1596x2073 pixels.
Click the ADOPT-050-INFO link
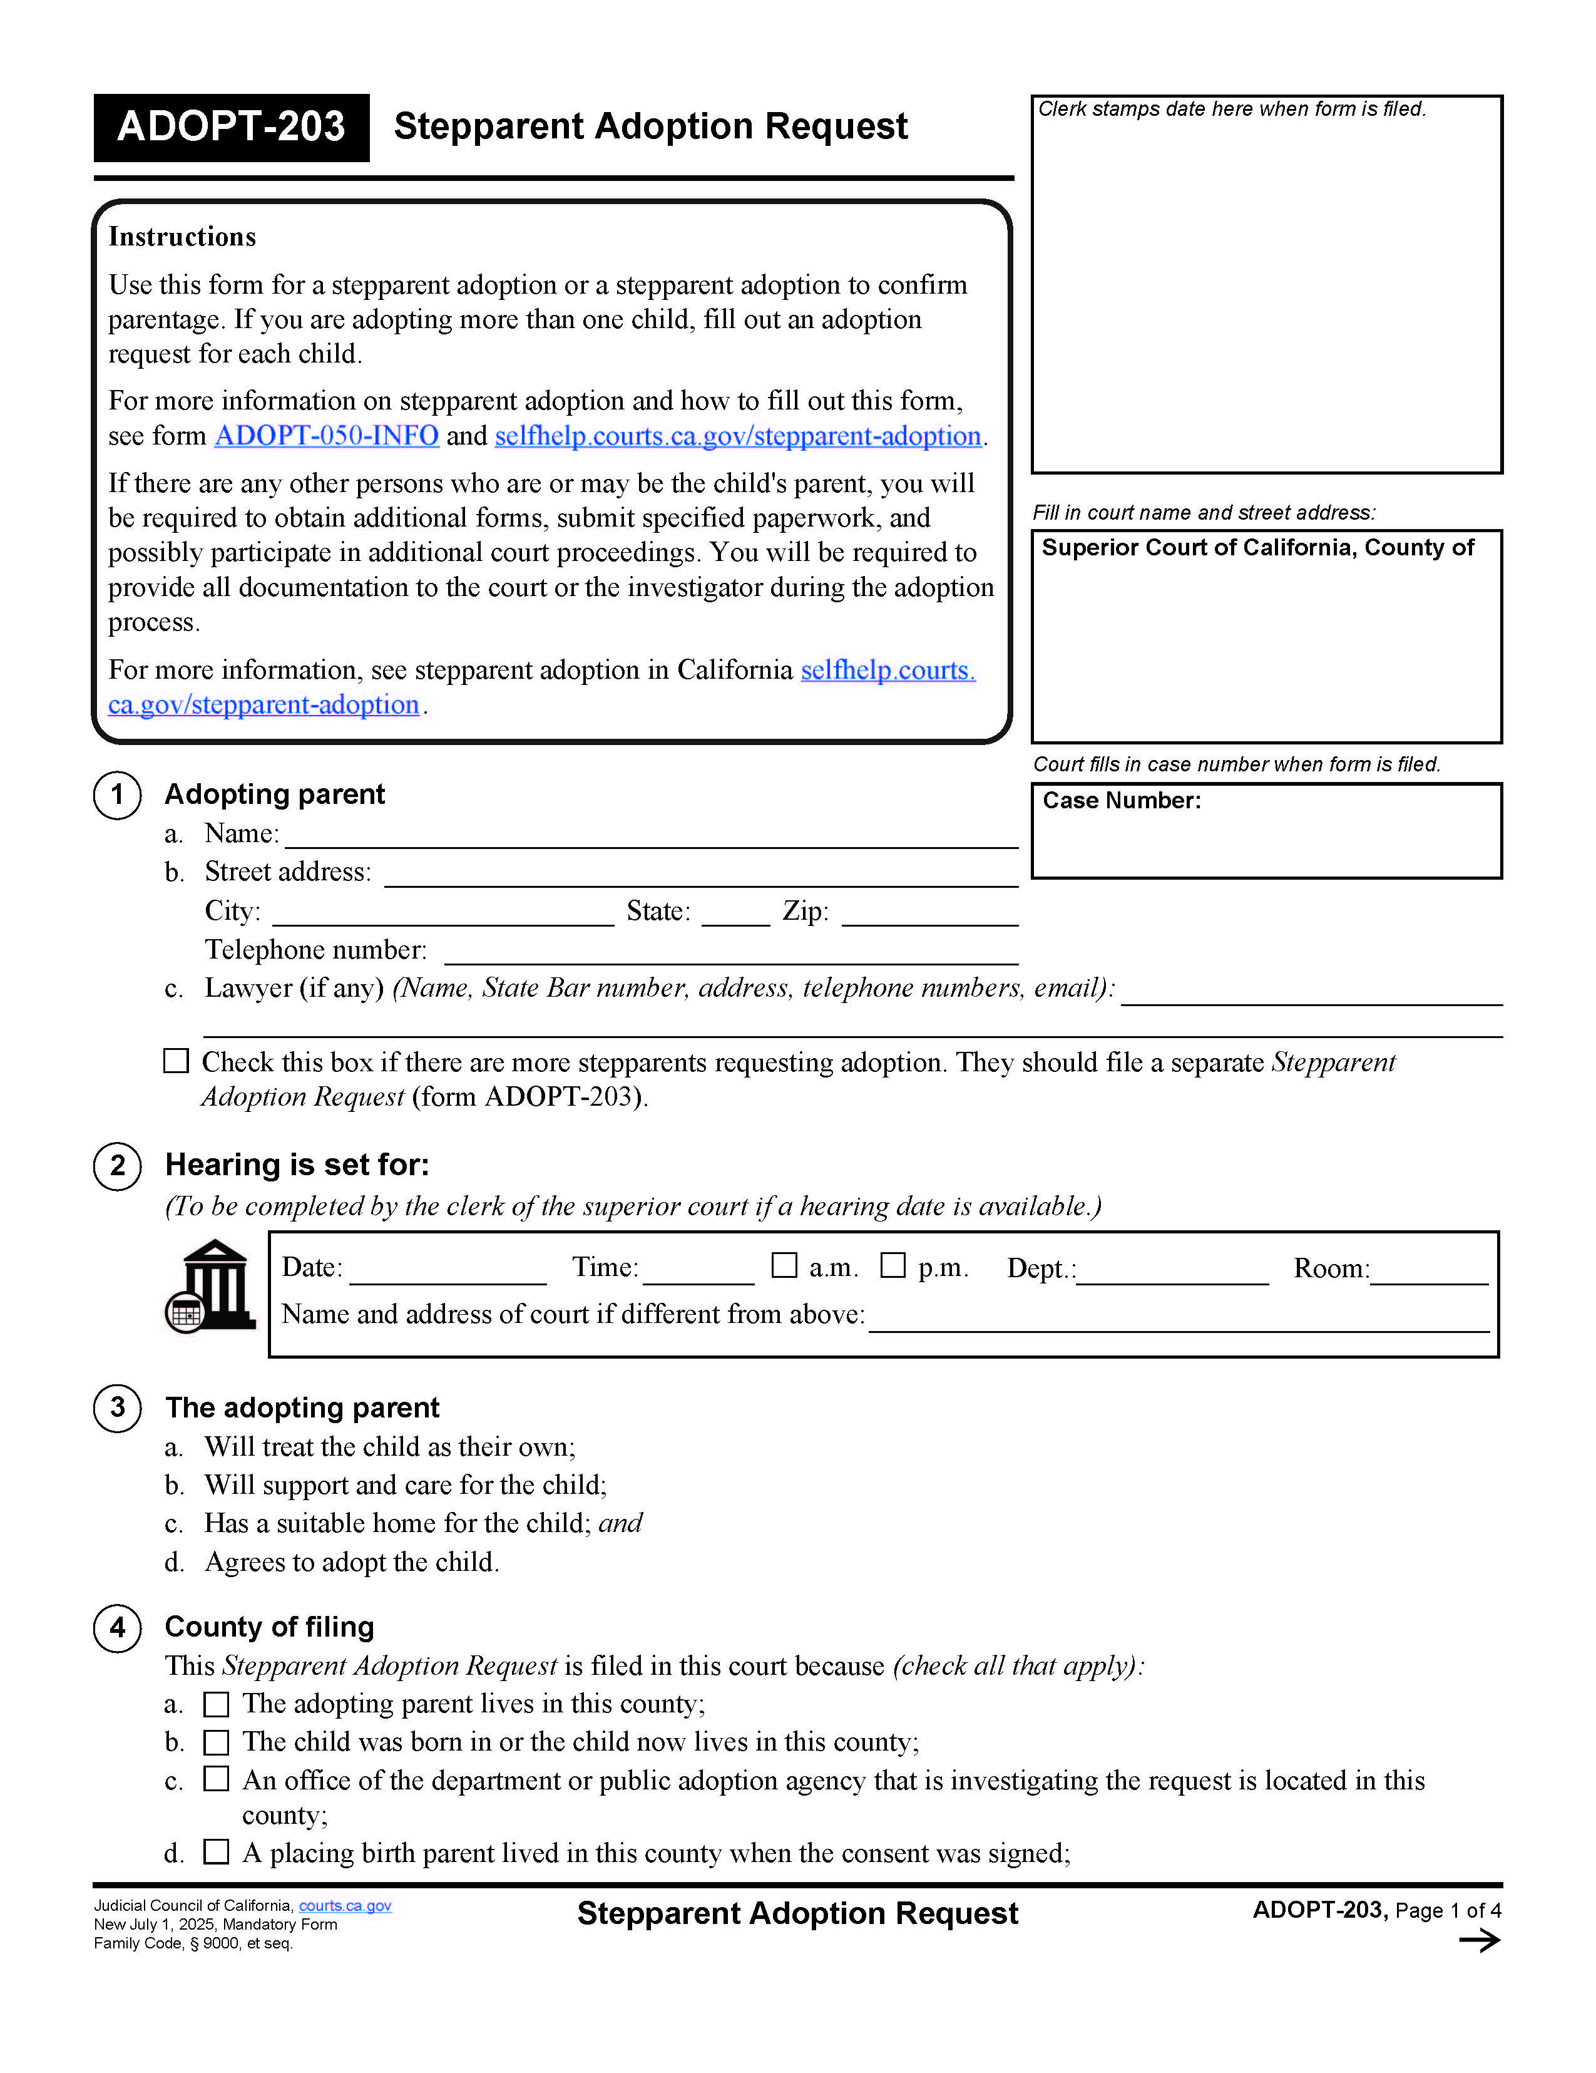pyautogui.click(x=327, y=436)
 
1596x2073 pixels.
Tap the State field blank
pyautogui.click(x=735, y=914)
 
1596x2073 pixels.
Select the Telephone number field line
pyautogui.click(x=730, y=953)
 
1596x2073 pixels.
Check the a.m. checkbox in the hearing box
pyautogui.click(x=784, y=1265)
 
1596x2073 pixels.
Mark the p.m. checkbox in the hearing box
pyautogui.click(x=892, y=1265)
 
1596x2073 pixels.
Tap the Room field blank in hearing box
pyautogui.click(x=1428, y=1271)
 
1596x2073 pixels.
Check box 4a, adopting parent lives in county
pyautogui.click(x=217, y=1705)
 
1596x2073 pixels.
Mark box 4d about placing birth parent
pyautogui.click(x=217, y=1853)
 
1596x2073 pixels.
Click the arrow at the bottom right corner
pyautogui.click(x=1478, y=1941)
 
